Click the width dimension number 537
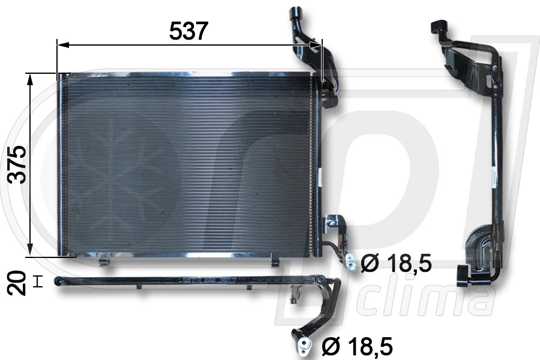pos(188,31)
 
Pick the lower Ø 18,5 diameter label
pos(357,346)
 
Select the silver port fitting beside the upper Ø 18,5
pos(350,261)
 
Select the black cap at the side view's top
pos(437,27)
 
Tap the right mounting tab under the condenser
pos(275,260)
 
